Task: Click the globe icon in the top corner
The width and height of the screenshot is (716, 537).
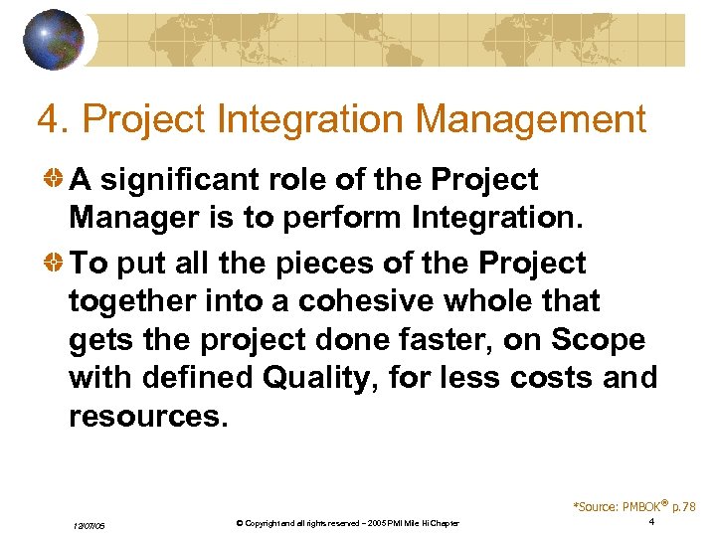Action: pos(55,39)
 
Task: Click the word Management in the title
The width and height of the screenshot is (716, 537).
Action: pos(531,120)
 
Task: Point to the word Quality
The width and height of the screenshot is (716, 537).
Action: pos(335,378)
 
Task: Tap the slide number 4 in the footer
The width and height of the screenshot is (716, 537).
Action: pos(650,522)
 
